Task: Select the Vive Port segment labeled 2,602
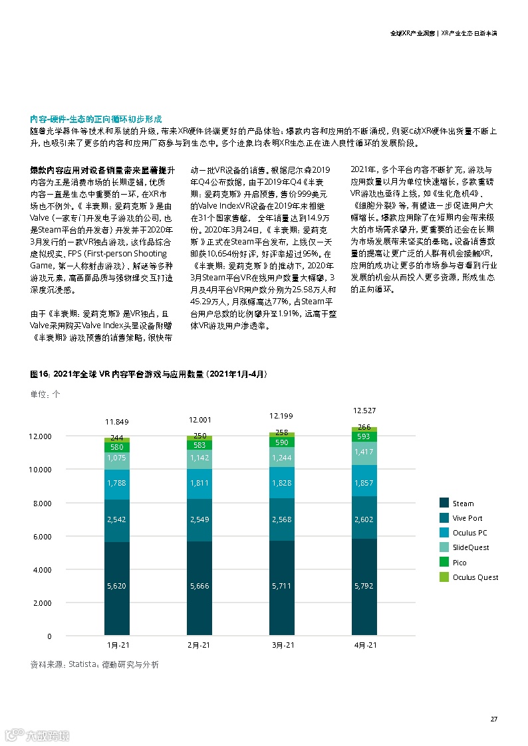[364, 519]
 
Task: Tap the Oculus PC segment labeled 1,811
[199, 483]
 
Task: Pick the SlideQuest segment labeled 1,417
[364, 453]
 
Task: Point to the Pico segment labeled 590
[281, 442]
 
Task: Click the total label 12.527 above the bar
[364, 411]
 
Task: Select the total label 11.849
[116, 422]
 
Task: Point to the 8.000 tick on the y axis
[41, 503]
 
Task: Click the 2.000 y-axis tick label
[41, 603]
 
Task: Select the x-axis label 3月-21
[281, 645]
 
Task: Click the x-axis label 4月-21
[364, 645]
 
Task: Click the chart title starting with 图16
[149, 375]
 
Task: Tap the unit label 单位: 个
[45, 394]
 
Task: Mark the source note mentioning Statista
[94, 664]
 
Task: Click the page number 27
[494, 719]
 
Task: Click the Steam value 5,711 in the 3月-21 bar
[281, 586]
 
